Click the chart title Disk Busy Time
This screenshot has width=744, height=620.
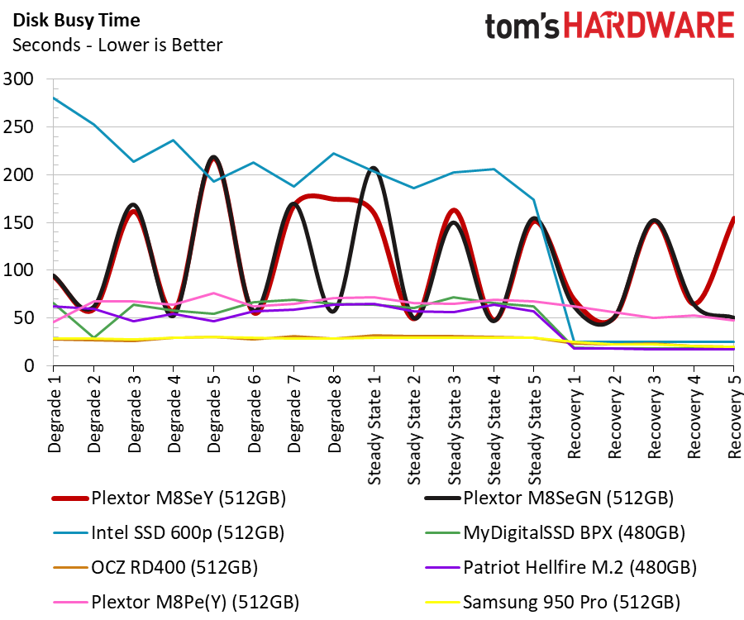(x=76, y=20)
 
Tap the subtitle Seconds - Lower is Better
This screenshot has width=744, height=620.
(x=117, y=45)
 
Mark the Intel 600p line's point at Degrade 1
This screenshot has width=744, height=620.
(x=53, y=98)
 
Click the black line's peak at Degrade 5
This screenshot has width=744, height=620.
(x=214, y=156)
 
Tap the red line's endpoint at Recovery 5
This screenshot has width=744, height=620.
(x=733, y=218)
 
